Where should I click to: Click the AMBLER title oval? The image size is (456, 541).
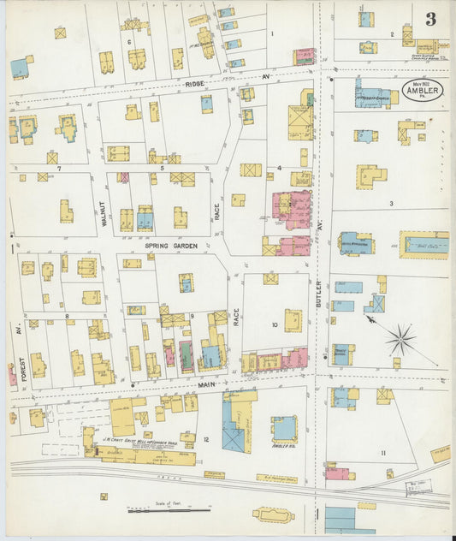tap(419, 91)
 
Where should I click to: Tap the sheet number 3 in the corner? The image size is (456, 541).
tap(429, 19)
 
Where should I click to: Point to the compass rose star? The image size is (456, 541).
tap(400, 340)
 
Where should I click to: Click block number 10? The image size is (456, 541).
tap(275, 324)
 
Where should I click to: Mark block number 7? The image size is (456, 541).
tap(59, 169)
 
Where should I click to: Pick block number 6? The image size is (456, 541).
tap(129, 41)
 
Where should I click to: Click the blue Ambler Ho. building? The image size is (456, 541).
tap(284, 428)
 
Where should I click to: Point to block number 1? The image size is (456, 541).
tap(272, 34)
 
